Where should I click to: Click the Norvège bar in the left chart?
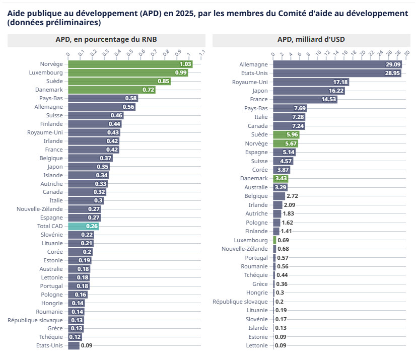130,64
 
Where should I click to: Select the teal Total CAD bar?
83,227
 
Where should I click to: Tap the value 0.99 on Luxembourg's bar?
181,73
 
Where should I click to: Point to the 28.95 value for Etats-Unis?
392,73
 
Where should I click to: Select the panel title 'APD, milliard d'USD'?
311,39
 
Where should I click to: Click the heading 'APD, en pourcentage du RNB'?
106,39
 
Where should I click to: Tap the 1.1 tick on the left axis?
201,52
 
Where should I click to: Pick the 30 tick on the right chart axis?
407,52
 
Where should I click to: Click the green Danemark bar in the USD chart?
281,178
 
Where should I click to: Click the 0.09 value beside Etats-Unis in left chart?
86,345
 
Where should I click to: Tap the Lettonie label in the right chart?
257,345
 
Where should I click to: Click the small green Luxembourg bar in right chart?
275,240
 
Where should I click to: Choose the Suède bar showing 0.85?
119,81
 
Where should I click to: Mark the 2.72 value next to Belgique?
292,196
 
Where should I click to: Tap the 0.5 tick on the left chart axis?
129,52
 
